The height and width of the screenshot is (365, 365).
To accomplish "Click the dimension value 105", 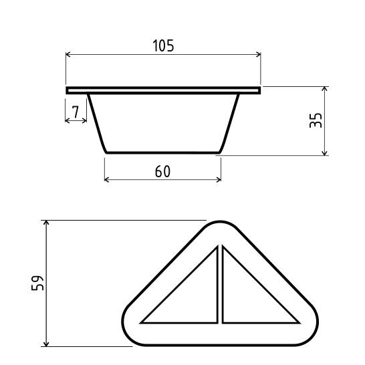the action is click(163, 45).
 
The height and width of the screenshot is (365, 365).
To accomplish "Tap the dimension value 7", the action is click(76, 112).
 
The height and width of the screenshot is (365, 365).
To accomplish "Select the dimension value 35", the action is click(316, 120).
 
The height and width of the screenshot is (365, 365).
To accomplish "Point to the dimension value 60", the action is click(162, 171).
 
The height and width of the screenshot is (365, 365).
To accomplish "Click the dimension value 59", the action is click(37, 283).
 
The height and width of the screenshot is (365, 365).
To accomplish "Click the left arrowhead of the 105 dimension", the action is click(68, 54).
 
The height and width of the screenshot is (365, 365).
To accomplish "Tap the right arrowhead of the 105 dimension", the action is click(259, 54).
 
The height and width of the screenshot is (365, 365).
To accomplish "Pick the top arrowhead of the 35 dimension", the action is click(324, 89).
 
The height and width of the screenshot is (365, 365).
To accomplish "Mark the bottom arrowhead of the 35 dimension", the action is click(324, 152).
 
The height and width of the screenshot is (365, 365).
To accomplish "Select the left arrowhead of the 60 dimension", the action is click(107, 179).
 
